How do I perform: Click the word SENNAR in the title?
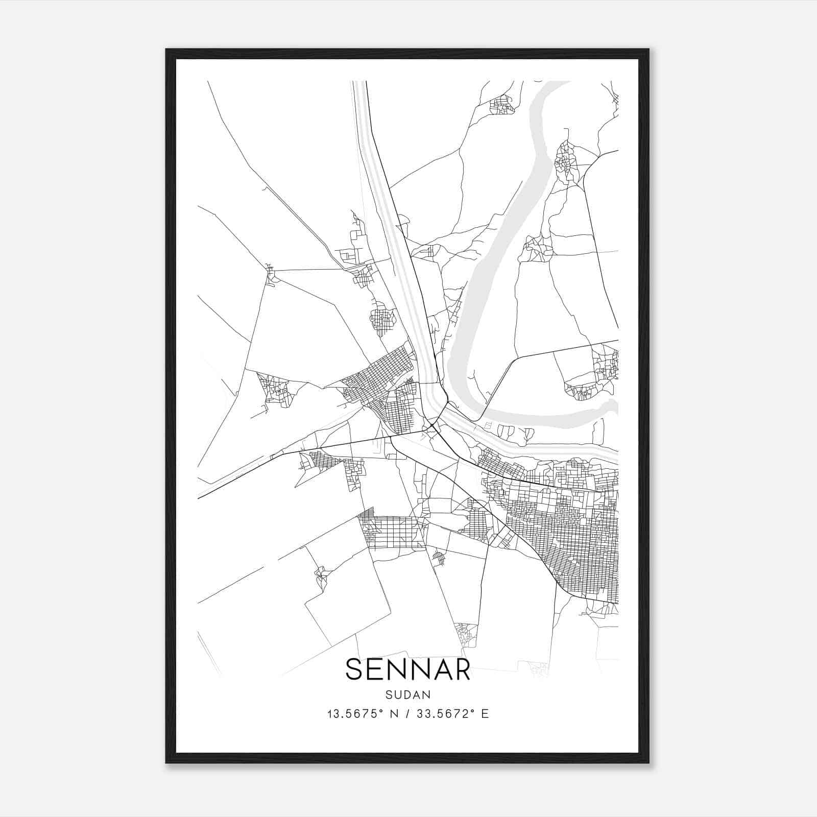[x=407, y=669]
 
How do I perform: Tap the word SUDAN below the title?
[x=408, y=695]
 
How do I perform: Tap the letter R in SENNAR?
[x=461, y=669]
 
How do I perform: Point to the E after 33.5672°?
[x=485, y=714]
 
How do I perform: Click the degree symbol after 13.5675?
[x=381, y=711]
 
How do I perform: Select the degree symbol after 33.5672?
[x=472, y=711]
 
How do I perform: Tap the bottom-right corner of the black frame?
[x=648, y=762]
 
